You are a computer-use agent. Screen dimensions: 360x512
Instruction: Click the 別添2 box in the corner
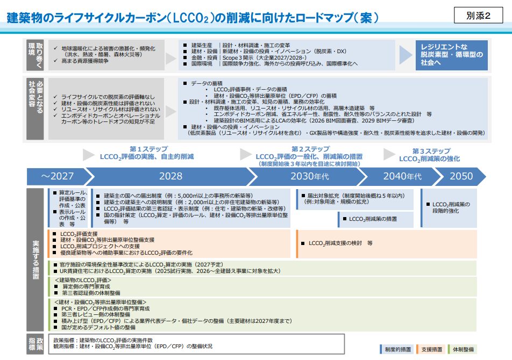[479, 16]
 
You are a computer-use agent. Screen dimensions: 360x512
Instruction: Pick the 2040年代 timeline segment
[402, 176]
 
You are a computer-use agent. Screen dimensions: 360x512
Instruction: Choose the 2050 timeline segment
[461, 176]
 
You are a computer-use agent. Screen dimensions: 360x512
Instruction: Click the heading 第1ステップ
[148, 149]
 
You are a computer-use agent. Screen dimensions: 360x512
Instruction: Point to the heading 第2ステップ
[311, 149]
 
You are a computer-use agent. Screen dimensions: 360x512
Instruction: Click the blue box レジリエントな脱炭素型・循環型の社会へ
[452, 55]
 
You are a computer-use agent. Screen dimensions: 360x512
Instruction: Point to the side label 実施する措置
[35, 258]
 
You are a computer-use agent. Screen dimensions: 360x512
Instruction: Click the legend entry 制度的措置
[399, 350]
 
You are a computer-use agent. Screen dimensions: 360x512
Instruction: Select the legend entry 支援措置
[432, 350]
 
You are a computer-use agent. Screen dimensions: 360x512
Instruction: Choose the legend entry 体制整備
[463, 350]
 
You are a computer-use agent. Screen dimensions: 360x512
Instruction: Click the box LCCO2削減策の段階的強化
[451, 207]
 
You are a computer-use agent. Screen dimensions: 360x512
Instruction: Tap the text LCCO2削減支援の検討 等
[340, 243]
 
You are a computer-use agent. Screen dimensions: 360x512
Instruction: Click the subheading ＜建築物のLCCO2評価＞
[83, 280]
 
